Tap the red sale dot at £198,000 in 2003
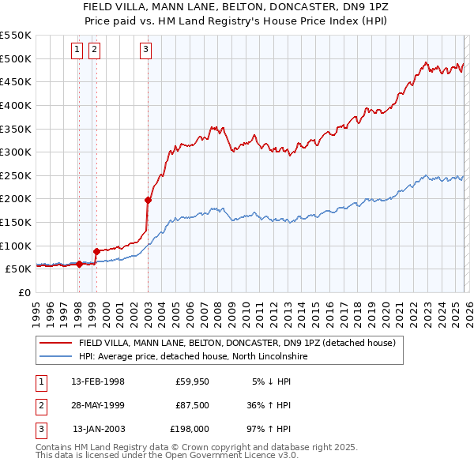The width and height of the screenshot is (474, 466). [x=148, y=200]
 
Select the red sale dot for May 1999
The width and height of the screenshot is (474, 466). [x=96, y=251]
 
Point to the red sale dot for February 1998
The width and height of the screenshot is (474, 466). [x=79, y=265]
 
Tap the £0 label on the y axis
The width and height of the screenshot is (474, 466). [x=24, y=292]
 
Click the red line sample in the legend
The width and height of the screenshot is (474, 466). [x=56, y=344]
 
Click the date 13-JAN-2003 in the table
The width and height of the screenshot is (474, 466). [x=99, y=429]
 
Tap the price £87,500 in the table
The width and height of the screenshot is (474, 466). [x=192, y=405]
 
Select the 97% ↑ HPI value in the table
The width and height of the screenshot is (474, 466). [x=269, y=429]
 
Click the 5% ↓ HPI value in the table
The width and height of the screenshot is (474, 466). [x=272, y=381]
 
